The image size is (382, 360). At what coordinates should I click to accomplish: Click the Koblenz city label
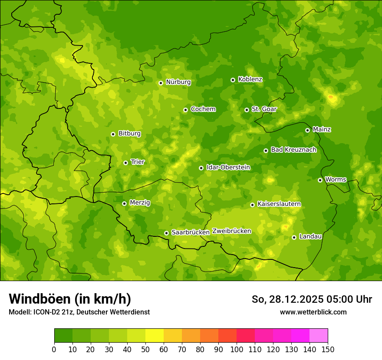click(x=250, y=79)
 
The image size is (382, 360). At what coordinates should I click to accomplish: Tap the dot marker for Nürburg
click(x=161, y=83)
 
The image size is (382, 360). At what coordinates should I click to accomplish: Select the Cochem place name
click(x=203, y=109)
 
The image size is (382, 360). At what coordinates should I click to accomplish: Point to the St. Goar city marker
click(x=247, y=110)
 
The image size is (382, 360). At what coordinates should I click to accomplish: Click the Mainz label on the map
click(x=322, y=130)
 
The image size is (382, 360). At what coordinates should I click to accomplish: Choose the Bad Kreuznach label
click(x=293, y=150)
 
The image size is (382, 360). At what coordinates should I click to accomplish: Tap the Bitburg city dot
click(x=113, y=134)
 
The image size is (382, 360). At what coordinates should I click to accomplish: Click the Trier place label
click(x=138, y=162)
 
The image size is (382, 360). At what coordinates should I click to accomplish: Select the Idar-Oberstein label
click(x=228, y=167)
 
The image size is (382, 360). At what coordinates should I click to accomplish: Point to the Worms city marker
click(x=320, y=180)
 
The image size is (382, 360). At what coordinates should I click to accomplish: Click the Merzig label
click(x=140, y=203)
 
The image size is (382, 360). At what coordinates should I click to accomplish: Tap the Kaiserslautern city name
click(x=279, y=204)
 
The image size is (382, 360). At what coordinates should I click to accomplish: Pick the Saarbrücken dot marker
click(x=166, y=233)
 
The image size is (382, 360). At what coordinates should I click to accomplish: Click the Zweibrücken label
click(x=231, y=231)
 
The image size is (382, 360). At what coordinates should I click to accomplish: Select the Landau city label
click(x=310, y=237)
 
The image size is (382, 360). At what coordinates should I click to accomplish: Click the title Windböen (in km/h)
click(x=70, y=299)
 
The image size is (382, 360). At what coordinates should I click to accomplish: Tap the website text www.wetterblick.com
click(x=313, y=312)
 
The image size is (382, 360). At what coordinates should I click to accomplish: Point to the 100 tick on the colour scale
click(x=237, y=349)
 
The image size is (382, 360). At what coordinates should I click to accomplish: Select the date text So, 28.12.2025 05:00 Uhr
click(x=312, y=299)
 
